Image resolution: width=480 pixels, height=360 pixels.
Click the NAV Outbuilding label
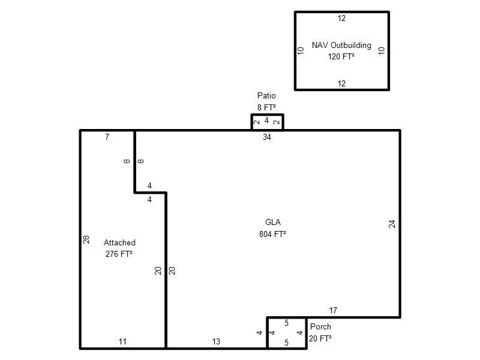(x=341, y=46)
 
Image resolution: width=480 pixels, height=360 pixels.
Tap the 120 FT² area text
(x=341, y=56)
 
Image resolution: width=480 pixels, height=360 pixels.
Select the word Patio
(x=266, y=95)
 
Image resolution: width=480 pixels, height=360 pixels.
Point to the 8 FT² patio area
(x=266, y=107)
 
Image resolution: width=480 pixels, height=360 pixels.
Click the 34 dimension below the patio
(x=267, y=137)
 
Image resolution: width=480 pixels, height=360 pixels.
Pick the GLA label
(x=273, y=222)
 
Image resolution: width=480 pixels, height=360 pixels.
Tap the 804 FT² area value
(x=272, y=234)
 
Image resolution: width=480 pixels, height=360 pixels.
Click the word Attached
(x=119, y=242)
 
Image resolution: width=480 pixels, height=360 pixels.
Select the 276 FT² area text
(x=119, y=254)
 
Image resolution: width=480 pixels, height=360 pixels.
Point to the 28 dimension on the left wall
(x=86, y=239)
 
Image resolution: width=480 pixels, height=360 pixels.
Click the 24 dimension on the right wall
(x=392, y=224)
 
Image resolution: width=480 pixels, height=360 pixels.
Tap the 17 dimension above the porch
(x=333, y=310)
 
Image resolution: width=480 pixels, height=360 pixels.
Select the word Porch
(x=320, y=326)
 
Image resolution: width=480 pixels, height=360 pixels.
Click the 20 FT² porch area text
(x=320, y=338)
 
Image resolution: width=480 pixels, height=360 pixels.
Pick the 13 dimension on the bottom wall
(x=216, y=341)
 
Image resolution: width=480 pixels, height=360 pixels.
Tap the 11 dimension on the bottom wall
(x=122, y=341)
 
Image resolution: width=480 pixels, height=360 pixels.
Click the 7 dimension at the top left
(x=107, y=137)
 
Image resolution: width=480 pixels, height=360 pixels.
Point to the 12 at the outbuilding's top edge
(x=341, y=19)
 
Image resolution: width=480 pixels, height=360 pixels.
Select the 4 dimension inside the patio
(x=266, y=121)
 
